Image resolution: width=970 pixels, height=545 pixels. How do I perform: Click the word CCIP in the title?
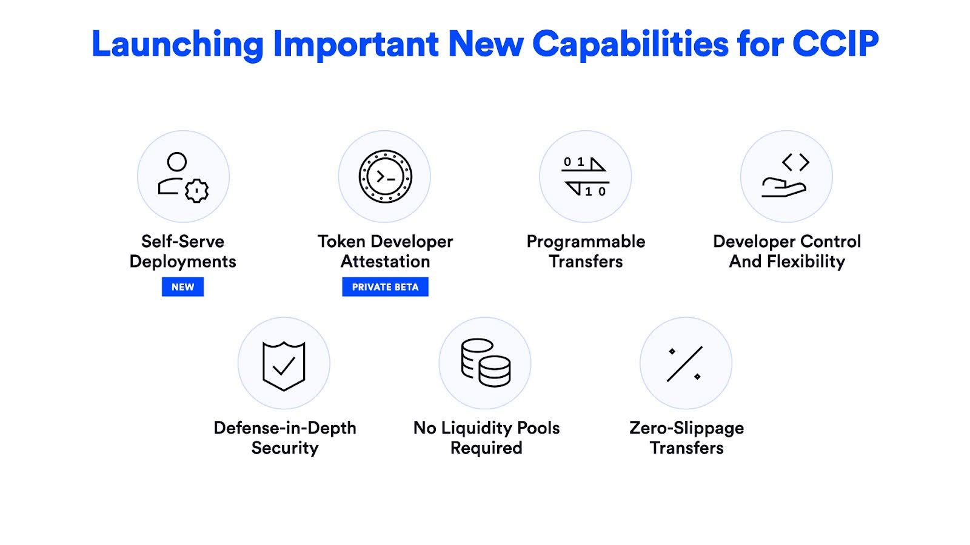coord(835,44)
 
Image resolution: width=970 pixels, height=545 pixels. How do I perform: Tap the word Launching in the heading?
coord(177,45)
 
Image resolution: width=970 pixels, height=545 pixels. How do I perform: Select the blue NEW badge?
coord(182,287)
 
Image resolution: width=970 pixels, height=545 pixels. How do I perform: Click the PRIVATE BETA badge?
coord(385,287)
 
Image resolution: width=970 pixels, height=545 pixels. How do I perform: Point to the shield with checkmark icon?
coord(284,366)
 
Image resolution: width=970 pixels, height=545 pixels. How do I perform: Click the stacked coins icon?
coord(486,363)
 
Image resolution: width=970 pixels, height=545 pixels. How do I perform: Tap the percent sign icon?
coord(684,364)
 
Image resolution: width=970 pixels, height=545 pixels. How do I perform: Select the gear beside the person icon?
coord(196,190)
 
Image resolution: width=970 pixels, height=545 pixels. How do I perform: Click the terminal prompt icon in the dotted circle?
coord(385,176)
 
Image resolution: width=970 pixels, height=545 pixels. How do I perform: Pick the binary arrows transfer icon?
coord(585,176)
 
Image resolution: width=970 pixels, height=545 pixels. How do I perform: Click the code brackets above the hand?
coord(795,162)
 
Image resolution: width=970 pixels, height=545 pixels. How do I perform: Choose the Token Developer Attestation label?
coord(385,251)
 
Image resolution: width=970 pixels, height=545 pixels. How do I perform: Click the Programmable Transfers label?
coord(586,251)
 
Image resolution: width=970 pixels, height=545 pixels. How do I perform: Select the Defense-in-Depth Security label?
coord(284,438)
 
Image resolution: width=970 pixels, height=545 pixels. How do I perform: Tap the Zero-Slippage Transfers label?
coord(686,438)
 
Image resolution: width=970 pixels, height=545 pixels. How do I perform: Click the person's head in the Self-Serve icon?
coord(176,162)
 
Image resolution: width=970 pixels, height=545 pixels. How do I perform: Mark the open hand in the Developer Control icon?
coord(784,188)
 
